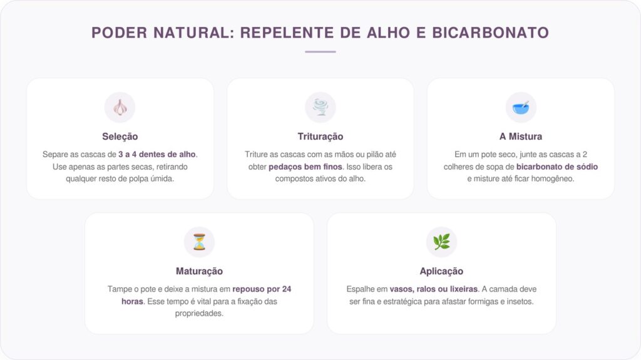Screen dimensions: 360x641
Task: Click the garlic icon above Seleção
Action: tap(120, 108)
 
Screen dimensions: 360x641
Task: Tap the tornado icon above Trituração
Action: tap(320, 108)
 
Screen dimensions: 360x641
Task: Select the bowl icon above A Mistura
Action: tap(520, 108)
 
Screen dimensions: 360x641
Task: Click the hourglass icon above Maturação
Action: tap(199, 242)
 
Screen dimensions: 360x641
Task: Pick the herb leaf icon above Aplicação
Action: tap(441, 242)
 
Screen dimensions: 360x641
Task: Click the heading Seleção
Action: tap(120, 136)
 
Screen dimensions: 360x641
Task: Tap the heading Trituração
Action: tap(320, 136)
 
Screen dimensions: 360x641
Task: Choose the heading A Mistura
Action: tap(520, 136)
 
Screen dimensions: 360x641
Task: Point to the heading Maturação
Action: tap(199, 271)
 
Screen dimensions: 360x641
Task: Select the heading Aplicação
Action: tap(441, 271)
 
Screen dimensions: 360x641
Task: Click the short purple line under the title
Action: tap(320, 52)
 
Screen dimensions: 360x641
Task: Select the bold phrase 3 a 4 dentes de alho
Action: tap(156, 154)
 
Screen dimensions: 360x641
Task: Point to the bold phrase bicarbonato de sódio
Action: tap(556, 167)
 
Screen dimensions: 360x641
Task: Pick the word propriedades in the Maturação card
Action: tap(199, 313)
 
